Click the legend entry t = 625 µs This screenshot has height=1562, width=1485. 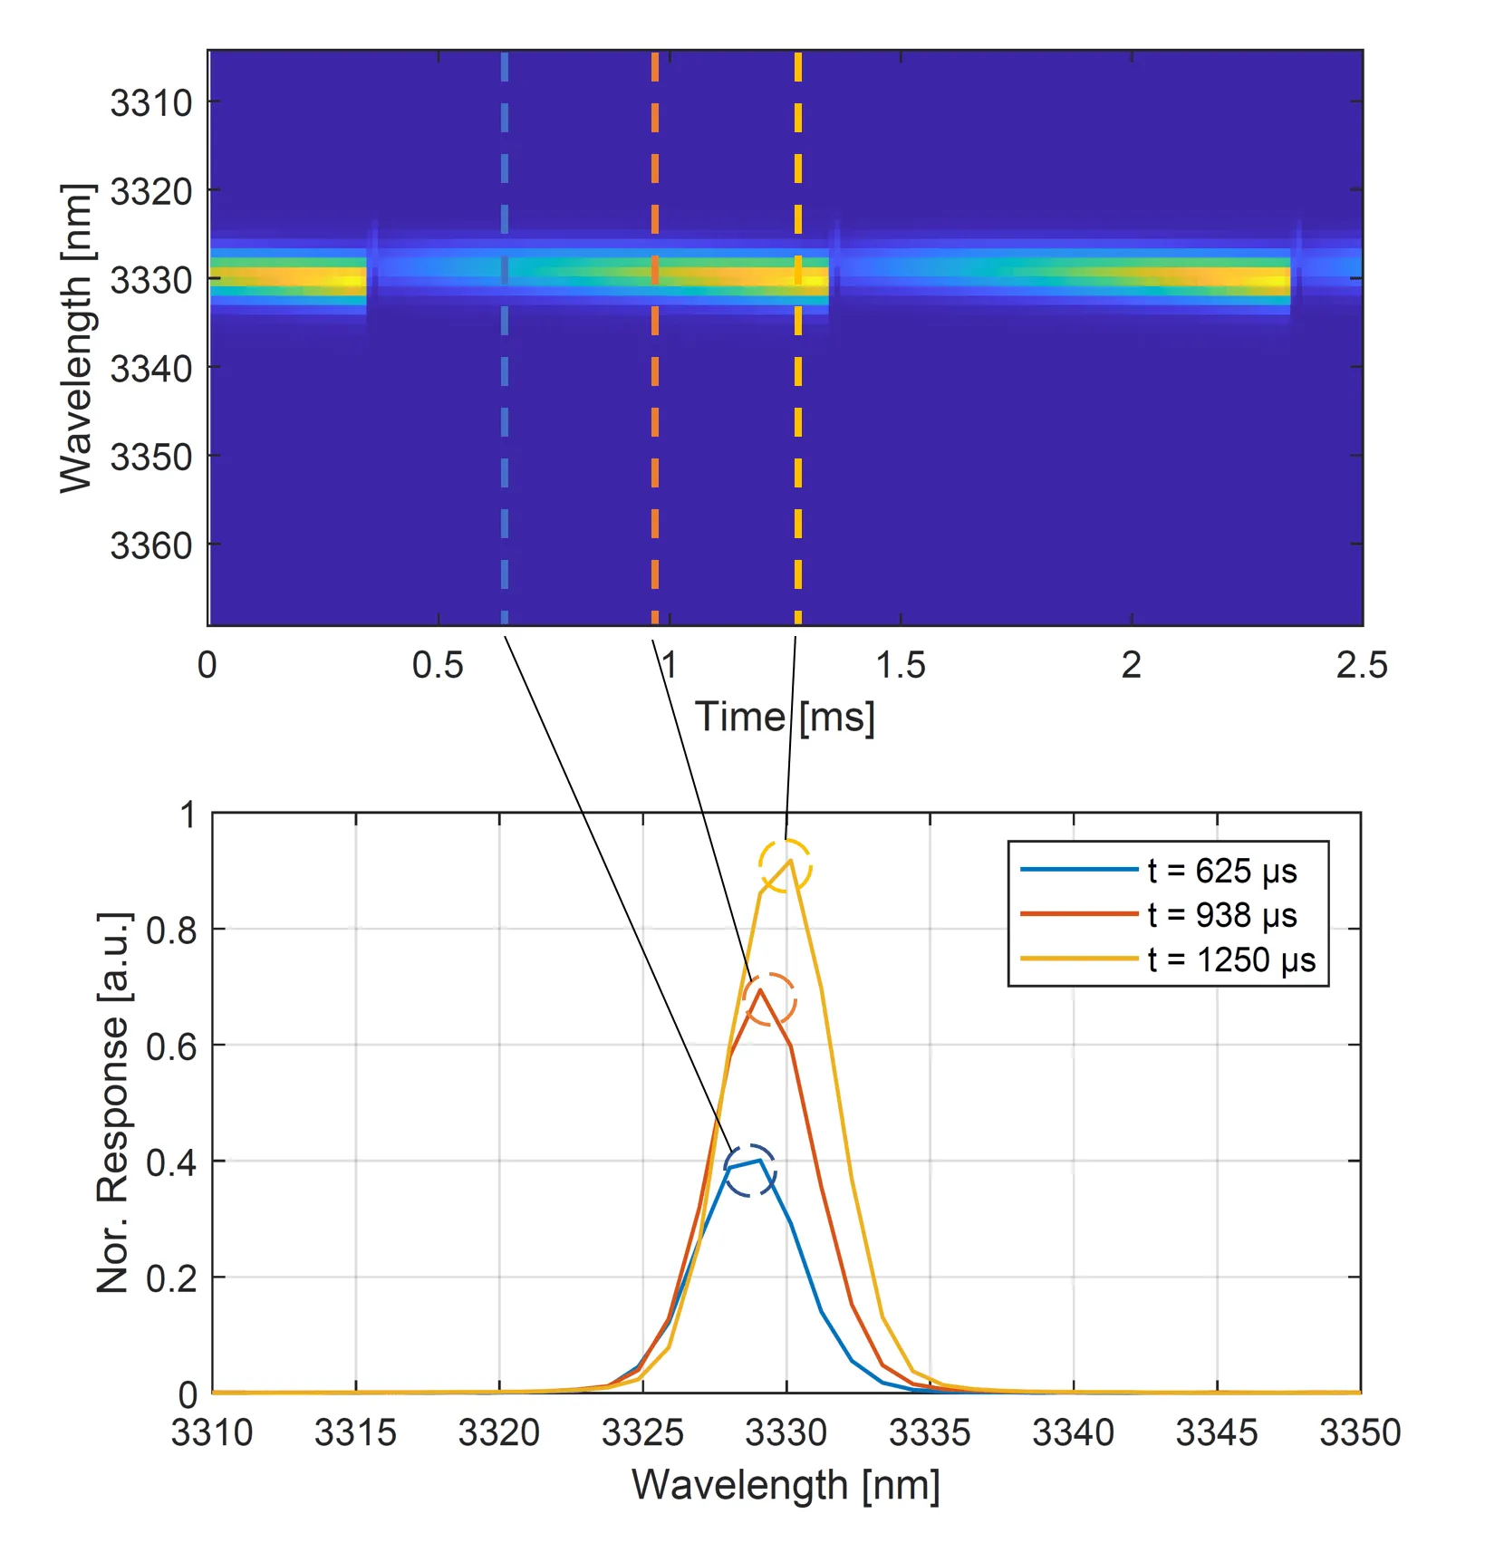1221,871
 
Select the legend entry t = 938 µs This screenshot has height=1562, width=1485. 1221,915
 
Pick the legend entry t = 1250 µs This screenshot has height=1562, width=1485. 1230,959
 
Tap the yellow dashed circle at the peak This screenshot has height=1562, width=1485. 785,866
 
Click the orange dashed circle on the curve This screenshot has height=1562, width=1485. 768,999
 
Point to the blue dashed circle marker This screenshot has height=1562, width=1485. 749,1171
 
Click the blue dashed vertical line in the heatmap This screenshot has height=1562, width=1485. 505,408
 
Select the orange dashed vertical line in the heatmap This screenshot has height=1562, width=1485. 654,408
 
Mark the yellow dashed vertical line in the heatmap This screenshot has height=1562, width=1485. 797,408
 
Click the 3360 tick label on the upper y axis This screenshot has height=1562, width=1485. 151,546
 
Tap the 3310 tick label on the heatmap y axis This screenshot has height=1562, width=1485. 151,103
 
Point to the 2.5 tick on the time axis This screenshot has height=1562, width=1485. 1361,666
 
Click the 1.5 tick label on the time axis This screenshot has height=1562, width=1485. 901,666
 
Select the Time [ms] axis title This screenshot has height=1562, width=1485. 785,718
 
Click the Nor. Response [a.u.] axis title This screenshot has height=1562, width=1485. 113,1103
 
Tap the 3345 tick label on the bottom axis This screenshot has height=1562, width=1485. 1216,1433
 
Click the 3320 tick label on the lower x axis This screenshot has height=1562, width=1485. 499,1433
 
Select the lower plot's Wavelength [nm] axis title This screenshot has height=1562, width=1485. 786,1486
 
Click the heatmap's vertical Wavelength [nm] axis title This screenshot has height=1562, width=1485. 76,338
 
